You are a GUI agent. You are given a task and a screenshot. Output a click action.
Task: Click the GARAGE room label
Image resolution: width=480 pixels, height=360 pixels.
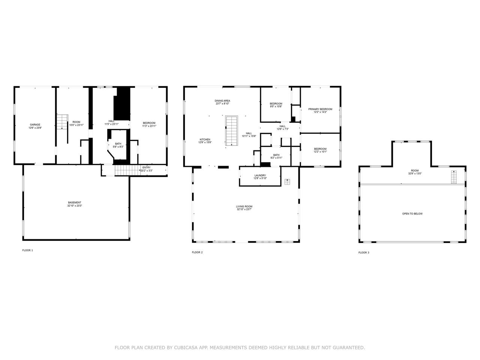(35, 124)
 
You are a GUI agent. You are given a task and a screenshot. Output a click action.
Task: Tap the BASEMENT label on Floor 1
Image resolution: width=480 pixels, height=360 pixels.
(75, 202)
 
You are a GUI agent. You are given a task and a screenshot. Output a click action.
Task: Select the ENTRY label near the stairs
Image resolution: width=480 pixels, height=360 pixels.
(146, 168)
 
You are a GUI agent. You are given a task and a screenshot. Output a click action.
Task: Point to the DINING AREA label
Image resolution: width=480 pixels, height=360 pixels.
(222, 101)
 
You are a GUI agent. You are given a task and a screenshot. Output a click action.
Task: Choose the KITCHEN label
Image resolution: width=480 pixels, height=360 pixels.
(205, 139)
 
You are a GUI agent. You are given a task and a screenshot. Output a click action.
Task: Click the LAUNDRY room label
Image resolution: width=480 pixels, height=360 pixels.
(260, 175)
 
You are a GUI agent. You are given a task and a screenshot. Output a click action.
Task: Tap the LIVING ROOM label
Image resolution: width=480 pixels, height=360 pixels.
(244, 206)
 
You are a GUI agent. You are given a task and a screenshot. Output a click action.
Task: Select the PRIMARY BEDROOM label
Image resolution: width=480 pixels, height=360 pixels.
(320, 109)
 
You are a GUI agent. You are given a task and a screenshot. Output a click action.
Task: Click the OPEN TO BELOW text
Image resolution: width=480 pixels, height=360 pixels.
(412, 214)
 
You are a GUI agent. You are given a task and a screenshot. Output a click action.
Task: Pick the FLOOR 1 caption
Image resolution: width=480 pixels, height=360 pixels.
(28, 250)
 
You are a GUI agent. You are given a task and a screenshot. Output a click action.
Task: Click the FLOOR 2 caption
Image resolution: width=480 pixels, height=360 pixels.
(197, 252)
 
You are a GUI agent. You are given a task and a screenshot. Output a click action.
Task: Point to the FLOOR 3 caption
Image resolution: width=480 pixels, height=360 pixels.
(364, 253)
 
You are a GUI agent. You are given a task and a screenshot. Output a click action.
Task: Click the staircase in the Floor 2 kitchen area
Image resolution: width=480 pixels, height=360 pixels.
(232, 131)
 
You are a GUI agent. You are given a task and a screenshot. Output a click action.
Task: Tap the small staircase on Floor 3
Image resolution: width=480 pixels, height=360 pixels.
(454, 177)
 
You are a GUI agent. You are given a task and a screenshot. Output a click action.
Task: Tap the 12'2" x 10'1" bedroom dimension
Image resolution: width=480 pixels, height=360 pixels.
(320, 151)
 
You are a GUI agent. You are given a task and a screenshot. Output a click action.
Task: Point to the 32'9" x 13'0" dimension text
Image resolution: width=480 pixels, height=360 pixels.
(414, 174)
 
